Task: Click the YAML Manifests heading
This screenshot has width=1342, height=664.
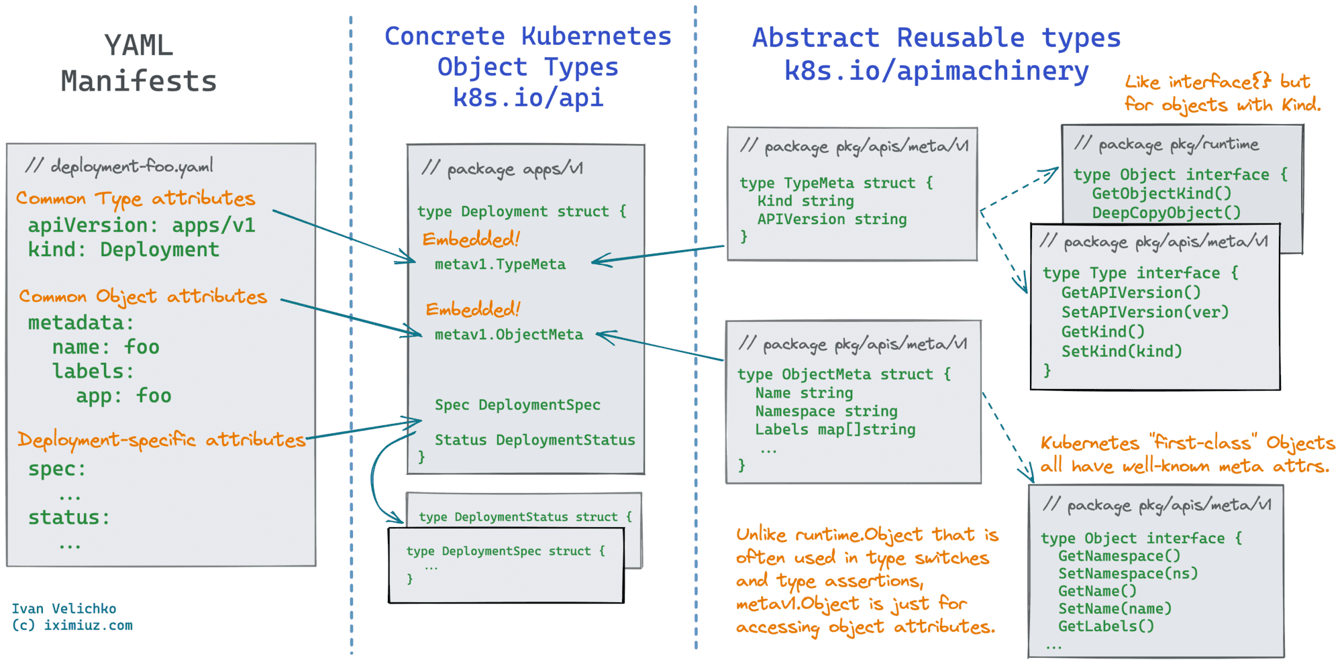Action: click(x=139, y=63)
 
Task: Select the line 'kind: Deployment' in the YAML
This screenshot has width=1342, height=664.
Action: click(x=123, y=250)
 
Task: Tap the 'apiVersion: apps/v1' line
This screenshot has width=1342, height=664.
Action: click(x=141, y=225)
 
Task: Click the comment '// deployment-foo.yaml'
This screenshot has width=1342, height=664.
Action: click(x=119, y=166)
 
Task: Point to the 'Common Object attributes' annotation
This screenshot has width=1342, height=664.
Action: click(x=142, y=296)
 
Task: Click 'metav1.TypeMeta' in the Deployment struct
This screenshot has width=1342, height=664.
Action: click(x=500, y=264)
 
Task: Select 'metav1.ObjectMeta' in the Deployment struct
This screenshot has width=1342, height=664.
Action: click(x=509, y=335)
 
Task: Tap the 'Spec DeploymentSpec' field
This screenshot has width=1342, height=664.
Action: click(x=517, y=405)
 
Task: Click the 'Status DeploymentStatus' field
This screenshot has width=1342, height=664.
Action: click(x=535, y=440)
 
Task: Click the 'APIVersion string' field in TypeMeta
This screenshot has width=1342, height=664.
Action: click(x=832, y=219)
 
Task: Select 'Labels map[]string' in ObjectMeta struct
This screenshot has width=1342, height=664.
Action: click(x=835, y=429)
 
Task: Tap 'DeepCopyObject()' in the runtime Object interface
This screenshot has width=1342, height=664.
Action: click(x=1166, y=213)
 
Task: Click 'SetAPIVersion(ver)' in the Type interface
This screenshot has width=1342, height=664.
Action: click(x=1145, y=312)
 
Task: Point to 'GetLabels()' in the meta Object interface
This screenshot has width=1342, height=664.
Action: click(x=1106, y=626)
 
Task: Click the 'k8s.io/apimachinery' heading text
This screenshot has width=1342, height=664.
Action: click(x=936, y=70)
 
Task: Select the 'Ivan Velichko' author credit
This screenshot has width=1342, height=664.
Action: click(x=64, y=608)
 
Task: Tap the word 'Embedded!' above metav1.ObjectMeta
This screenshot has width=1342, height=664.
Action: click(x=473, y=309)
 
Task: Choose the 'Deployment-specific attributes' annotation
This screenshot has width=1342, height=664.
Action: click(x=161, y=440)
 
